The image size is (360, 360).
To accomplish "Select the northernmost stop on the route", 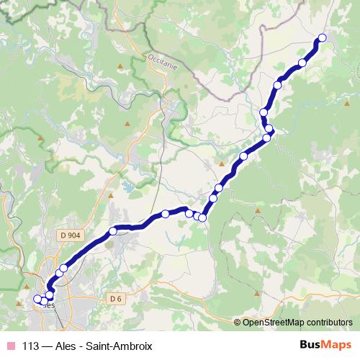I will (x=322, y=38).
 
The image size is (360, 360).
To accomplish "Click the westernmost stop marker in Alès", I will (x=37, y=299).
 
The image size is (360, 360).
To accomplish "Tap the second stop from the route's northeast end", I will (x=302, y=63).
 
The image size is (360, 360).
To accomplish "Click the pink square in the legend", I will (x=11, y=345).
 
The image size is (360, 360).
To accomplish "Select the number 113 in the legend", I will (x=31, y=345).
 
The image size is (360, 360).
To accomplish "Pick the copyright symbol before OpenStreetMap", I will (x=238, y=323).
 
